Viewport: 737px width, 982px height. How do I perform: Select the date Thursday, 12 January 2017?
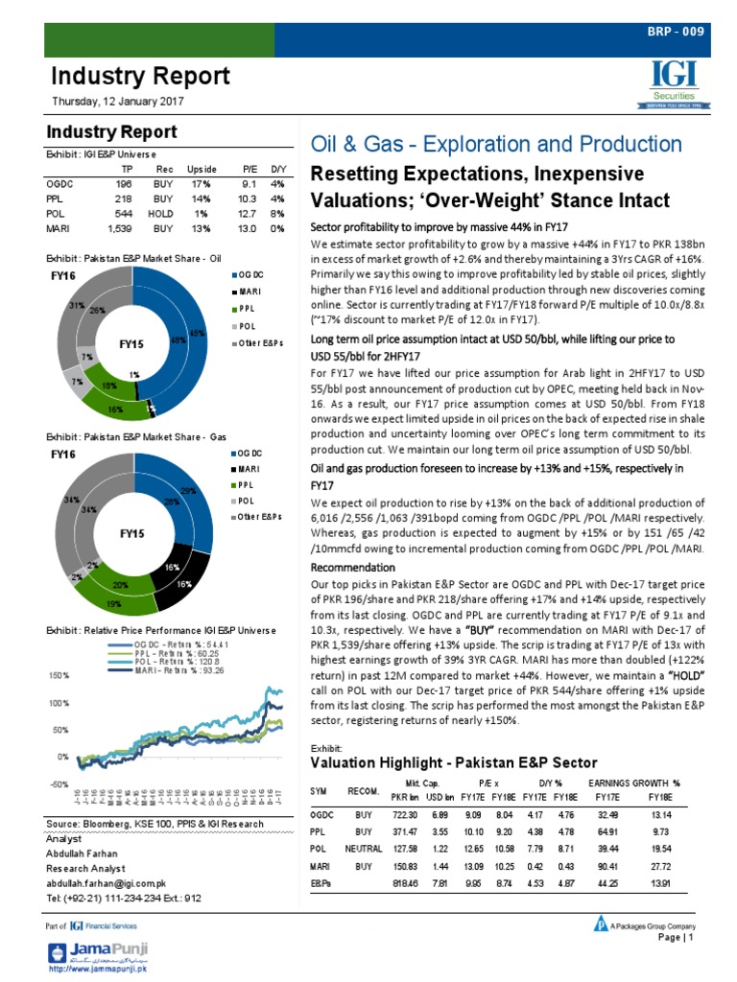pos(118,102)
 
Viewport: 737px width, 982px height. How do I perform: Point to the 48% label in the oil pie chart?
pos(177,339)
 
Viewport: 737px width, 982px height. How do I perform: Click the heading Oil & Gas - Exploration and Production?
pos(495,144)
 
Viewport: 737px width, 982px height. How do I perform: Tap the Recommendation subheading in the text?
pos(352,567)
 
